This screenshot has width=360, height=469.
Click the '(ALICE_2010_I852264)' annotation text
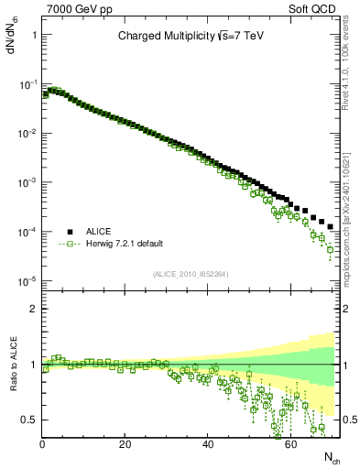191,274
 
